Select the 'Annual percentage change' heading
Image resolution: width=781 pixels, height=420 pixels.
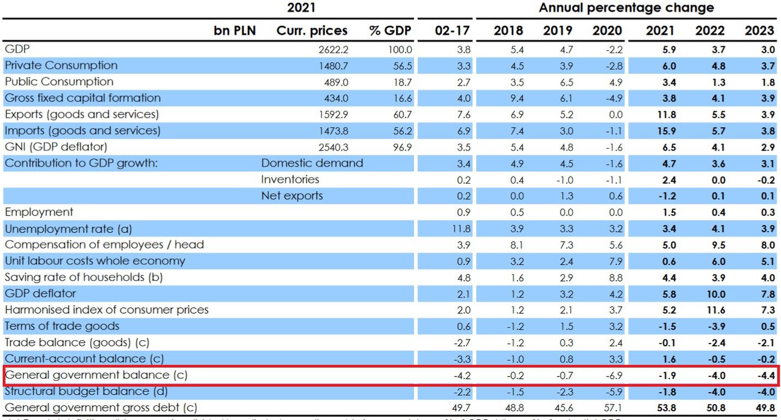point(626,8)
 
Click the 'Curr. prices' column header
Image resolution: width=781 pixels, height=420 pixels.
point(312,31)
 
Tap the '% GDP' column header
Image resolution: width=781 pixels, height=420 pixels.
point(390,31)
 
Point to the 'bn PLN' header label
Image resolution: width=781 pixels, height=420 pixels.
point(234,31)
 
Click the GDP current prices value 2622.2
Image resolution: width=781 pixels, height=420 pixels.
point(334,50)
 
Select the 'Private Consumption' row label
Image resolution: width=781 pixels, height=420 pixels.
point(61,66)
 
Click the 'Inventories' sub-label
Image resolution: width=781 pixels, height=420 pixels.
point(290,180)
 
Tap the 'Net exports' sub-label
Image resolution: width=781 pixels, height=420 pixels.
point(292,196)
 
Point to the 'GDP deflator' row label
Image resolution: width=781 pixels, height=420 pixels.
point(40,294)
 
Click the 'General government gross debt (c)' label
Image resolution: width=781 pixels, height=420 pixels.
point(100,408)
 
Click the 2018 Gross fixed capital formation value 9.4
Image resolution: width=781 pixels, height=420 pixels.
point(516,98)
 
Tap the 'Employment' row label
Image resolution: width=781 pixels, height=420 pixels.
point(38,212)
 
